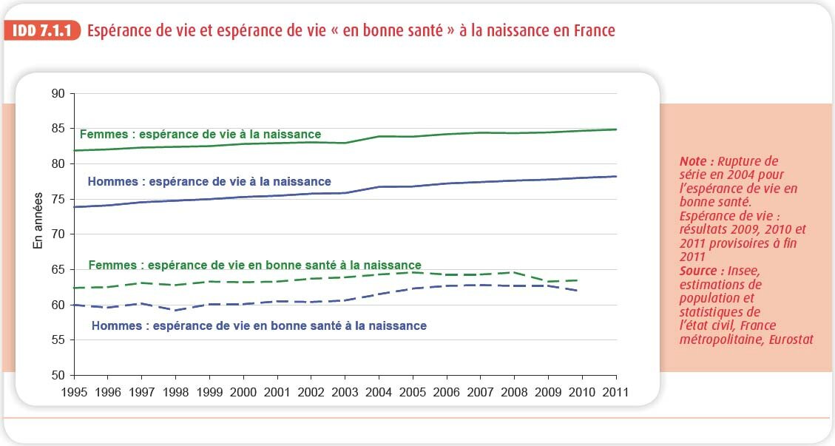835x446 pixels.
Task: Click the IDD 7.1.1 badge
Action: [x=42, y=31]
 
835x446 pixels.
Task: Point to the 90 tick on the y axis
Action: [x=58, y=94]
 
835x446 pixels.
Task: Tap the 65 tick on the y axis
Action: [x=58, y=269]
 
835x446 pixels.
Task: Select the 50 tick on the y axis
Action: [x=58, y=375]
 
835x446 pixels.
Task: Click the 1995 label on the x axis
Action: [x=75, y=392]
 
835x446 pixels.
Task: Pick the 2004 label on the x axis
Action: [x=379, y=392]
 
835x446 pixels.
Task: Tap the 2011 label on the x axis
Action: [x=615, y=392]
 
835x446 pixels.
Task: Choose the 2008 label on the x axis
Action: [x=514, y=392]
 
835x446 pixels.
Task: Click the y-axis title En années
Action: [x=39, y=221]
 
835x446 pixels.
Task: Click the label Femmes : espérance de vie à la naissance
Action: [x=200, y=135]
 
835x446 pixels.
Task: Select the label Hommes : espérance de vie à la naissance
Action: [x=209, y=181]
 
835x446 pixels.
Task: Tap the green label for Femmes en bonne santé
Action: [x=254, y=265]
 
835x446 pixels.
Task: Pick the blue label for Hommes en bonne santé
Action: [x=259, y=325]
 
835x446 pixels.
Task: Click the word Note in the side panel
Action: [x=695, y=161]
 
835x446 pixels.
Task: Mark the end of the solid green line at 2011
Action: [x=616, y=129]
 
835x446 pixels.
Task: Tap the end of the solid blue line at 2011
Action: [x=616, y=176]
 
